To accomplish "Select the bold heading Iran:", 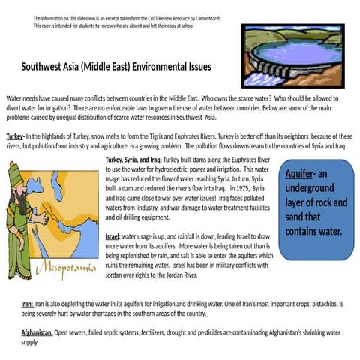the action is [27, 304].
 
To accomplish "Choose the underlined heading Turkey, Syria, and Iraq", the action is [133, 160].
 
